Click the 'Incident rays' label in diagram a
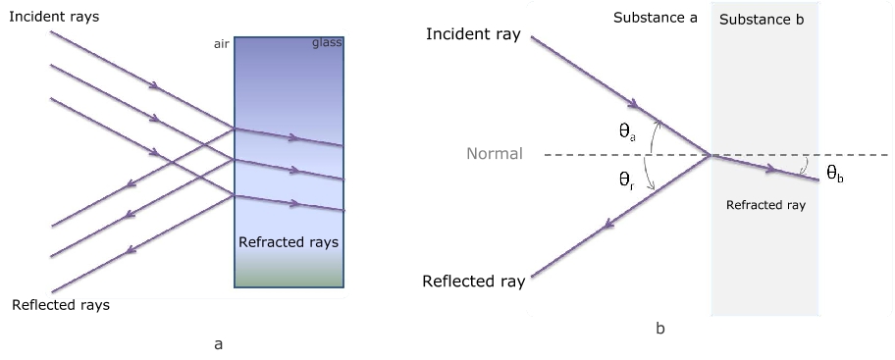pyautogui.click(x=54, y=17)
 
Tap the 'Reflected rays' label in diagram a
pyautogui.click(x=61, y=305)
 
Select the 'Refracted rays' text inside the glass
pyautogui.click(x=289, y=242)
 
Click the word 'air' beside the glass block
pyautogui.click(x=222, y=44)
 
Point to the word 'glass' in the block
pyautogui.click(x=327, y=43)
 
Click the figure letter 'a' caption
pyautogui.click(x=218, y=344)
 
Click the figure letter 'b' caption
pyautogui.click(x=660, y=328)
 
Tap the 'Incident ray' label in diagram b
pyautogui.click(x=473, y=34)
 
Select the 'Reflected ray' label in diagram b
pyautogui.click(x=474, y=282)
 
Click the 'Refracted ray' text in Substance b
pyautogui.click(x=765, y=205)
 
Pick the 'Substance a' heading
pyautogui.click(x=656, y=18)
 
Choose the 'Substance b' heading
pyautogui.click(x=762, y=20)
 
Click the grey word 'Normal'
pyautogui.click(x=495, y=153)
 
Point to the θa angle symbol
pyautogui.click(x=627, y=132)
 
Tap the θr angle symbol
pyautogui.click(x=627, y=180)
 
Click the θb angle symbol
pyautogui.click(x=835, y=174)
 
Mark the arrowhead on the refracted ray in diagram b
pyautogui.click(x=770, y=169)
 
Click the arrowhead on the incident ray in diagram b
pyautogui.click(x=632, y=103)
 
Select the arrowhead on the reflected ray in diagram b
pyautogui.click(x=608, y=225)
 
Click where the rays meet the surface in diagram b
pyautogui.click(x=711, y=155)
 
